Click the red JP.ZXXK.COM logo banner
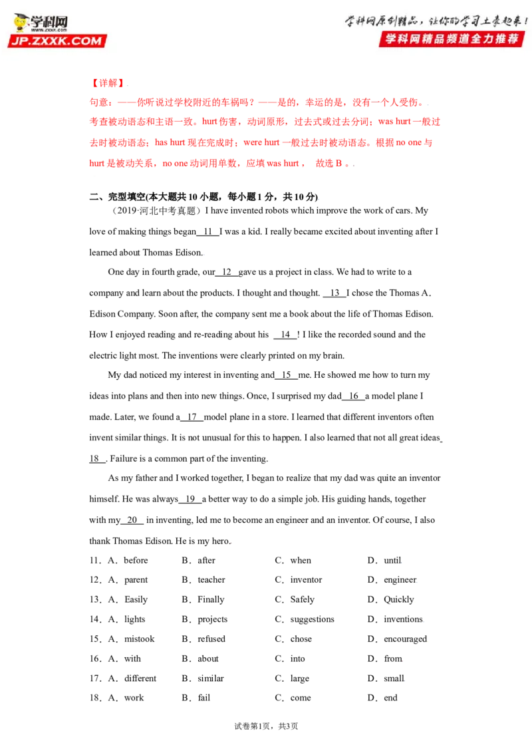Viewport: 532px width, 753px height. tap(57, 41)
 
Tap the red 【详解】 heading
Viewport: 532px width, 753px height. tap(108, 83)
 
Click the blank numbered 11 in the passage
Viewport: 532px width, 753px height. tap(208, 231)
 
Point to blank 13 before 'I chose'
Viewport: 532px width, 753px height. tap(334, 293)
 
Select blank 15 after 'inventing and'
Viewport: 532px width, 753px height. tap(286, 375)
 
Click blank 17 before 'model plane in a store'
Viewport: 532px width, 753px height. tap(192, 417)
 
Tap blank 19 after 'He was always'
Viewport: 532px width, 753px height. tap(190, 499)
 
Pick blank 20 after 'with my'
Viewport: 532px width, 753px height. tap(132, 520)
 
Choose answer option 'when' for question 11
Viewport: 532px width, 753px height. tap(301, 561)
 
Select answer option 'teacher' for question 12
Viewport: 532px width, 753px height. tap(211, 580)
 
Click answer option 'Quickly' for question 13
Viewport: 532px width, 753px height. tap(398, 600)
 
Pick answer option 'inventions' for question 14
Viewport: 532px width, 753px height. tap(403, 619)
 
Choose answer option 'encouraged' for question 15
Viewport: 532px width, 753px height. tap(405, 639)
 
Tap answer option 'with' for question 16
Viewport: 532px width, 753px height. tap(132, 659)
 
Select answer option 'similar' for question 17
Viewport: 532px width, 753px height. tap(211, 678)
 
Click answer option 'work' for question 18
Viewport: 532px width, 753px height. tap(134, 698)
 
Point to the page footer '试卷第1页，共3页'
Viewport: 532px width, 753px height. tap(266, 726)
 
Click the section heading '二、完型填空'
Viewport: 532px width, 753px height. tap(117, 196)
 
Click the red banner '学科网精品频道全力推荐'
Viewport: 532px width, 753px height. tap(452, 39)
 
